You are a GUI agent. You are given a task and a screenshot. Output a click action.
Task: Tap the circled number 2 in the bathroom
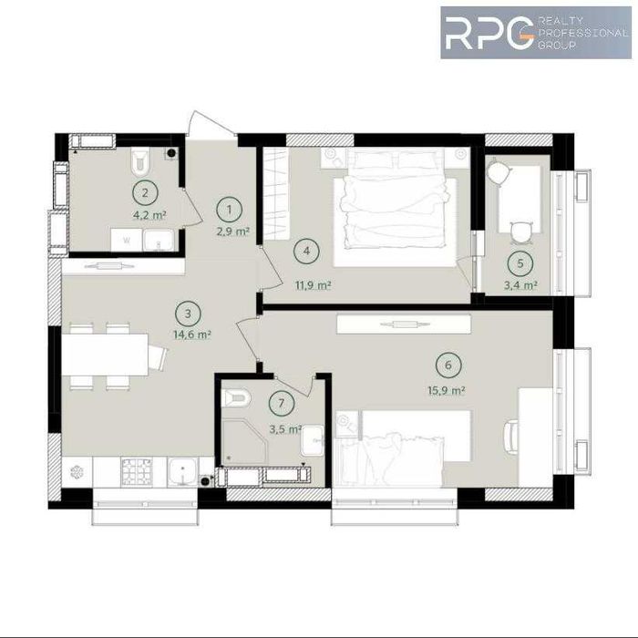143,192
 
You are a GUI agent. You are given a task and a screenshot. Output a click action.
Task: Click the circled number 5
520,264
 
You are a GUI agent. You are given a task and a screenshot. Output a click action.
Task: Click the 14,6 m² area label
193,335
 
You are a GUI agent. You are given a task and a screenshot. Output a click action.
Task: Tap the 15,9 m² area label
448,390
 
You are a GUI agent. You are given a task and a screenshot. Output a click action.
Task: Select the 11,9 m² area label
312,284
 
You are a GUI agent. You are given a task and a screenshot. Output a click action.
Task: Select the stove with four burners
137,470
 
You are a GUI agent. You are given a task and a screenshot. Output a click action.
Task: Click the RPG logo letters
489,34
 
